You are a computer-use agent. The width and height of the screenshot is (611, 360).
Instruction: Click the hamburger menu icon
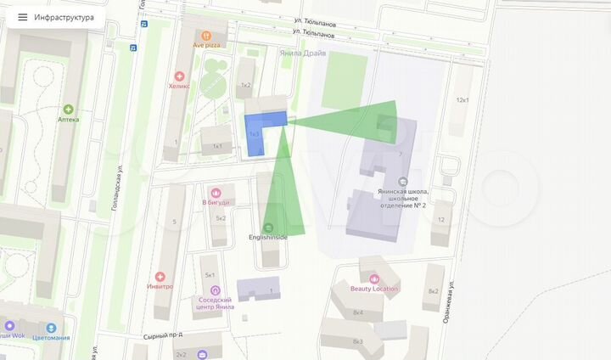pos(22,17)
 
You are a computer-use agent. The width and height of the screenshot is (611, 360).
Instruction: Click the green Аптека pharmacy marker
pos(68,110)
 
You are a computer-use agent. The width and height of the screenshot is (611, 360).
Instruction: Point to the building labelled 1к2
pos(246,85)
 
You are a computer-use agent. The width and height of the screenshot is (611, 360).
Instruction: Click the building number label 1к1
pos(216,146)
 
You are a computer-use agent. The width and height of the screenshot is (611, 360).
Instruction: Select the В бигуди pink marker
pos(216,192)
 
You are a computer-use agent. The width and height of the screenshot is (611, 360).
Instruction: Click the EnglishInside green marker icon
pos(269,227)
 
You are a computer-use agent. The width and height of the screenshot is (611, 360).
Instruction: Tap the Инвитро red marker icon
pos(160,277)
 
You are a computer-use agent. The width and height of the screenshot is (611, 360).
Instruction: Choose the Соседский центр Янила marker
pos(215,290)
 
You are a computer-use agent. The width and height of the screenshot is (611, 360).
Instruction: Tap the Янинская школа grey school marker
pos(402,181)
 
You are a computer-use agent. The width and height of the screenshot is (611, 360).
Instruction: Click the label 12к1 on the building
pos(462,99)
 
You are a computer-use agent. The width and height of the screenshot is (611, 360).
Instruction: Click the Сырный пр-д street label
pos(164,335)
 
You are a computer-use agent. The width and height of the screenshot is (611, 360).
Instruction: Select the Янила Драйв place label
pos(301,52)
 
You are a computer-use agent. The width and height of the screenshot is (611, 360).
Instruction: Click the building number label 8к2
pos(433,291)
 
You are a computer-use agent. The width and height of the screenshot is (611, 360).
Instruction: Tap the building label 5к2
pos(221,218)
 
